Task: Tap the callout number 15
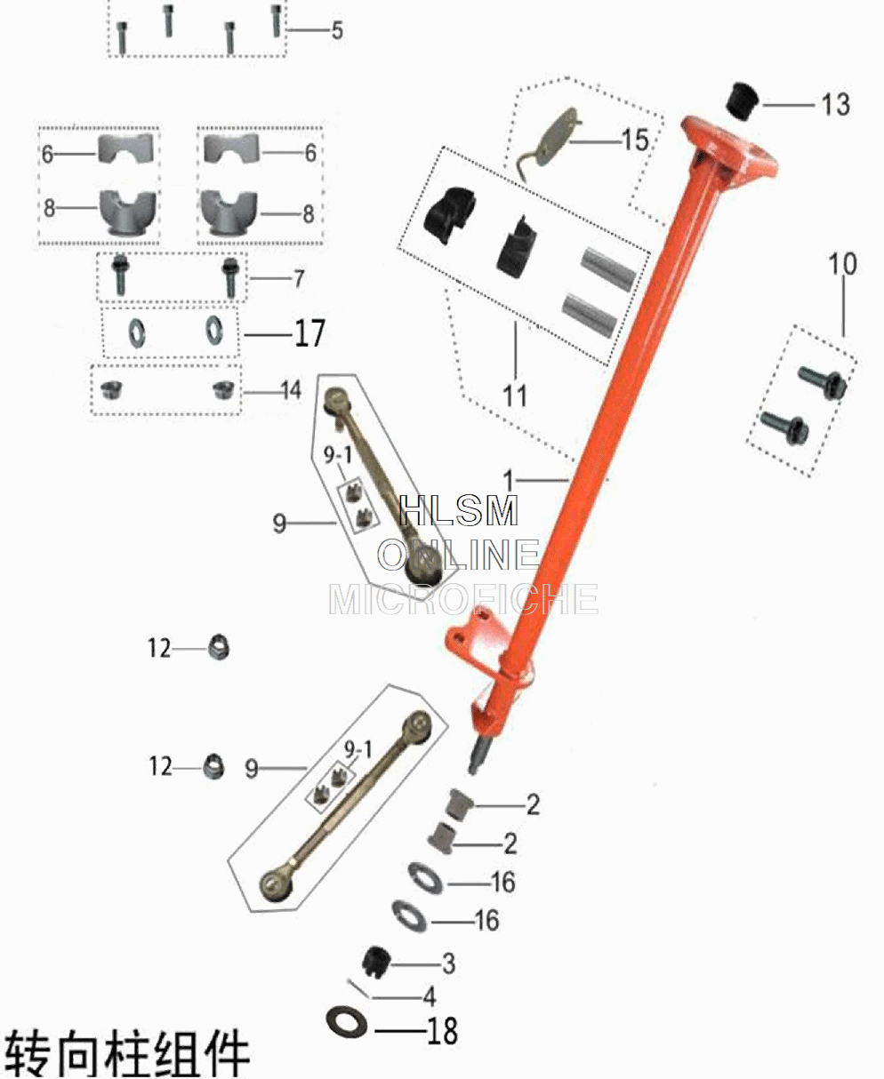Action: pos(635,140)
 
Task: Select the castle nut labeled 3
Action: pos(378,961)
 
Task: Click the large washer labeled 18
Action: pos(348,1022)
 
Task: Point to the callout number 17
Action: pos(309,334)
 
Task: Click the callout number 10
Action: pos(843,264)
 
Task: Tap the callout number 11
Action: pos(515,395)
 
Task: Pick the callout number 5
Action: pos(337,31)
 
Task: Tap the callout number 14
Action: pos(291,390)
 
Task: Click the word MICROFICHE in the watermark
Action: pos(462,600)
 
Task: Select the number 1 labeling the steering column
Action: pos(509,481)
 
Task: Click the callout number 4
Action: pos(430,995)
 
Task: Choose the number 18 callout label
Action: pos(442,1031)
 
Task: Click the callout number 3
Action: pos(448,963)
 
